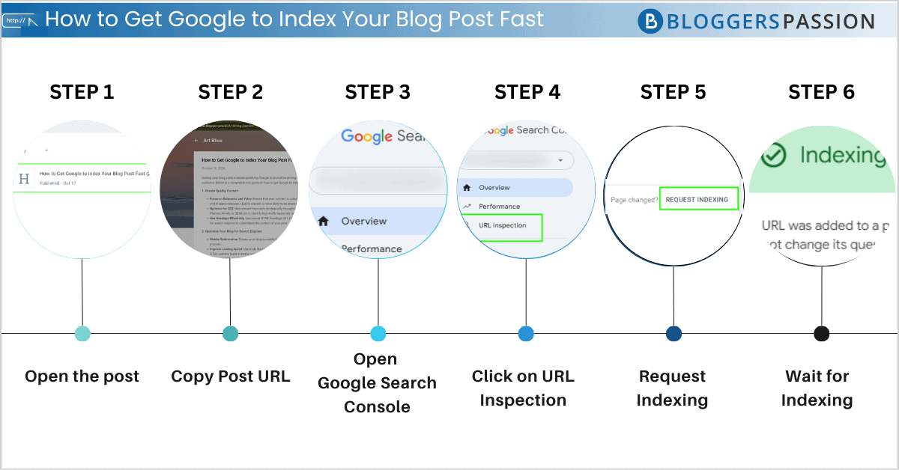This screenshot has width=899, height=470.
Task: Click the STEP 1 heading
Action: (x=82, y=92)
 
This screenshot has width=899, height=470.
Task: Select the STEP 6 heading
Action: (x=821, y=92)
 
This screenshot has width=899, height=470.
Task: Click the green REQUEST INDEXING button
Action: (x=698, y=199)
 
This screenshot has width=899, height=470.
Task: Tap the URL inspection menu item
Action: (x=502, y=225)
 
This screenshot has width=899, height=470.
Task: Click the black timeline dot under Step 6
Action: (x=821, y=334)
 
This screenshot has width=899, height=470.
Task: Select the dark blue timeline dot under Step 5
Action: (x=674, y=334)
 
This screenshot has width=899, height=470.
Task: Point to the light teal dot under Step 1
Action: (x=82, y=334)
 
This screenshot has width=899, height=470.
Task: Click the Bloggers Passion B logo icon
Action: (x=650, y=21)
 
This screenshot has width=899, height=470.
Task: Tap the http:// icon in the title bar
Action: (x=20, y=20)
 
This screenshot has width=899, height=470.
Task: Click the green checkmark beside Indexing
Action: (x=773, y=156)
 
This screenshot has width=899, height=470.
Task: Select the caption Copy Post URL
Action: (x=230, y=376)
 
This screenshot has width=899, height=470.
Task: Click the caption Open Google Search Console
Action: (x=377, y=382)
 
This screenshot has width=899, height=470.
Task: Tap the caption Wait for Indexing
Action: (x=817, y=388)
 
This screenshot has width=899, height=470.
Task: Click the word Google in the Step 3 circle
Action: (x=366, y=136)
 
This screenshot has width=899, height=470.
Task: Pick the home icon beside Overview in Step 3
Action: (x=324, y=221)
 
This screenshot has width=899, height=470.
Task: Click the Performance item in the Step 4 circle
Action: (x=499, y=206)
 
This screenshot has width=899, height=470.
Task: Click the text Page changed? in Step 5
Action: (x=634, y=200)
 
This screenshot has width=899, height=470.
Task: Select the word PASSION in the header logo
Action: (x=828, y=21)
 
